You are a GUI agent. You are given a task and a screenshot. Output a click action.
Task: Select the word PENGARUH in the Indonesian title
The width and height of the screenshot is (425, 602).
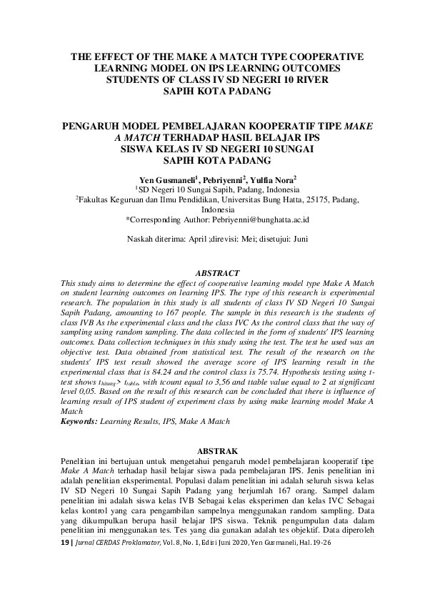tap(97, 124)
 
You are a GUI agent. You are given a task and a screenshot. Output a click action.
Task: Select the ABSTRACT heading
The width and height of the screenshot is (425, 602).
tap(213, 272)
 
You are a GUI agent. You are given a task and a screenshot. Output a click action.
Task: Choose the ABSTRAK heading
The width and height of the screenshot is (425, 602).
tap(213, 452)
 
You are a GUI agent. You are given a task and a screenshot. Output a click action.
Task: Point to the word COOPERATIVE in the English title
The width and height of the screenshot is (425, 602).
tap(320, 56)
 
